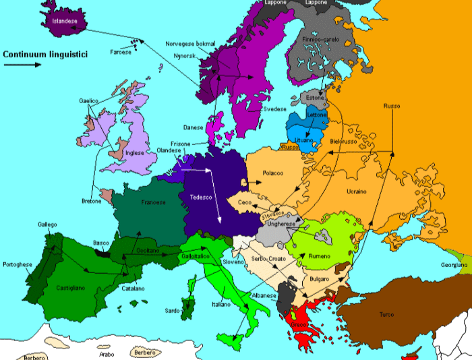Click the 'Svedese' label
point(274,109)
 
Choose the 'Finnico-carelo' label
point(322,40)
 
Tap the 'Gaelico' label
point(89,101)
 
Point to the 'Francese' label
point(153,202)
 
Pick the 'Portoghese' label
point(18,264)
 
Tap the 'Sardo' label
point(173,311)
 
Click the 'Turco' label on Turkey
point(387,315)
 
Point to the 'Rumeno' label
point(320,256)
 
